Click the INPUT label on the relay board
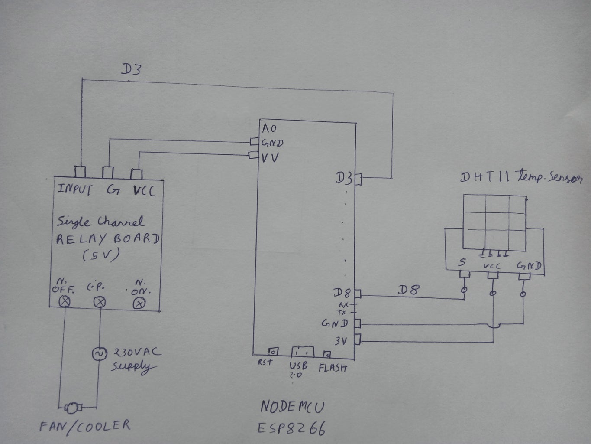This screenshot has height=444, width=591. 74,189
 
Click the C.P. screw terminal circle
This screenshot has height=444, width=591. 100,302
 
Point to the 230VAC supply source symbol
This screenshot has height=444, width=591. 99,354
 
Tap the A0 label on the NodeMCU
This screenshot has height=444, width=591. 269,128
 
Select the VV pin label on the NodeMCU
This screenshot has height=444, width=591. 270,157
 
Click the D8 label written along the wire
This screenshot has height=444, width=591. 408,290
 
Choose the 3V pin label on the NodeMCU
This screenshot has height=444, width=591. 341,341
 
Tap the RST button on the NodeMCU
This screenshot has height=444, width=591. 273,351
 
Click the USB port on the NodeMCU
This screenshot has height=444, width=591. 303,351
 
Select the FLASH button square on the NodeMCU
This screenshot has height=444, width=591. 327,354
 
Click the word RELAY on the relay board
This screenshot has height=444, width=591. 81,239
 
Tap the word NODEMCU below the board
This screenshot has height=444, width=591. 293,407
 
